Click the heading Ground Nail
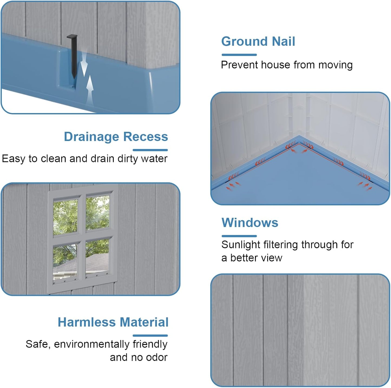tap(258, 42)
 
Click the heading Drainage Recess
tap(116, 137)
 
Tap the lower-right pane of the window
tap(97, 257)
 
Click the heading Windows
tap(250, 223)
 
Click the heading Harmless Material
tap(113, 322)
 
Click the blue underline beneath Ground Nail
tap(239, 55)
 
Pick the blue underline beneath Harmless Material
tap(150, 336)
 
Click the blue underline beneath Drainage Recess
tap(150, 150)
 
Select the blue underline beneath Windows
tap(239, 236)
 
